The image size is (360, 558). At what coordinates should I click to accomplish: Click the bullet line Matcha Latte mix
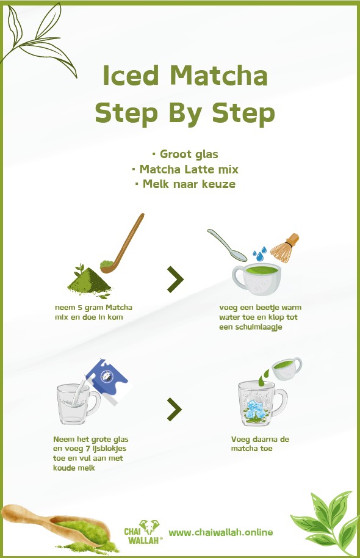pos(185,169)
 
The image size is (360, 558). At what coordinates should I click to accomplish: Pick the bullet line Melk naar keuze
pos(185,184)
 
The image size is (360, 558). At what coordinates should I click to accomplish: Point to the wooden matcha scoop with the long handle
pos(125,241)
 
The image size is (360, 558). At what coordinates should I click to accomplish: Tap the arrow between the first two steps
pos(176,279)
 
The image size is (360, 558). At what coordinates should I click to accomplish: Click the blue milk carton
pos(106,381)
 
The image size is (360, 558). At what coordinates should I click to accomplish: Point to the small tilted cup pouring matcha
pos(285,368)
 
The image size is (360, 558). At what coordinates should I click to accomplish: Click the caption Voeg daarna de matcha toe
pos(251,443)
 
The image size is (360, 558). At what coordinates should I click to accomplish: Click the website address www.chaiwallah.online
pos(220,532)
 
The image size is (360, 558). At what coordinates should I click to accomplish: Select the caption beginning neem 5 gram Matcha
pos(93,311)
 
